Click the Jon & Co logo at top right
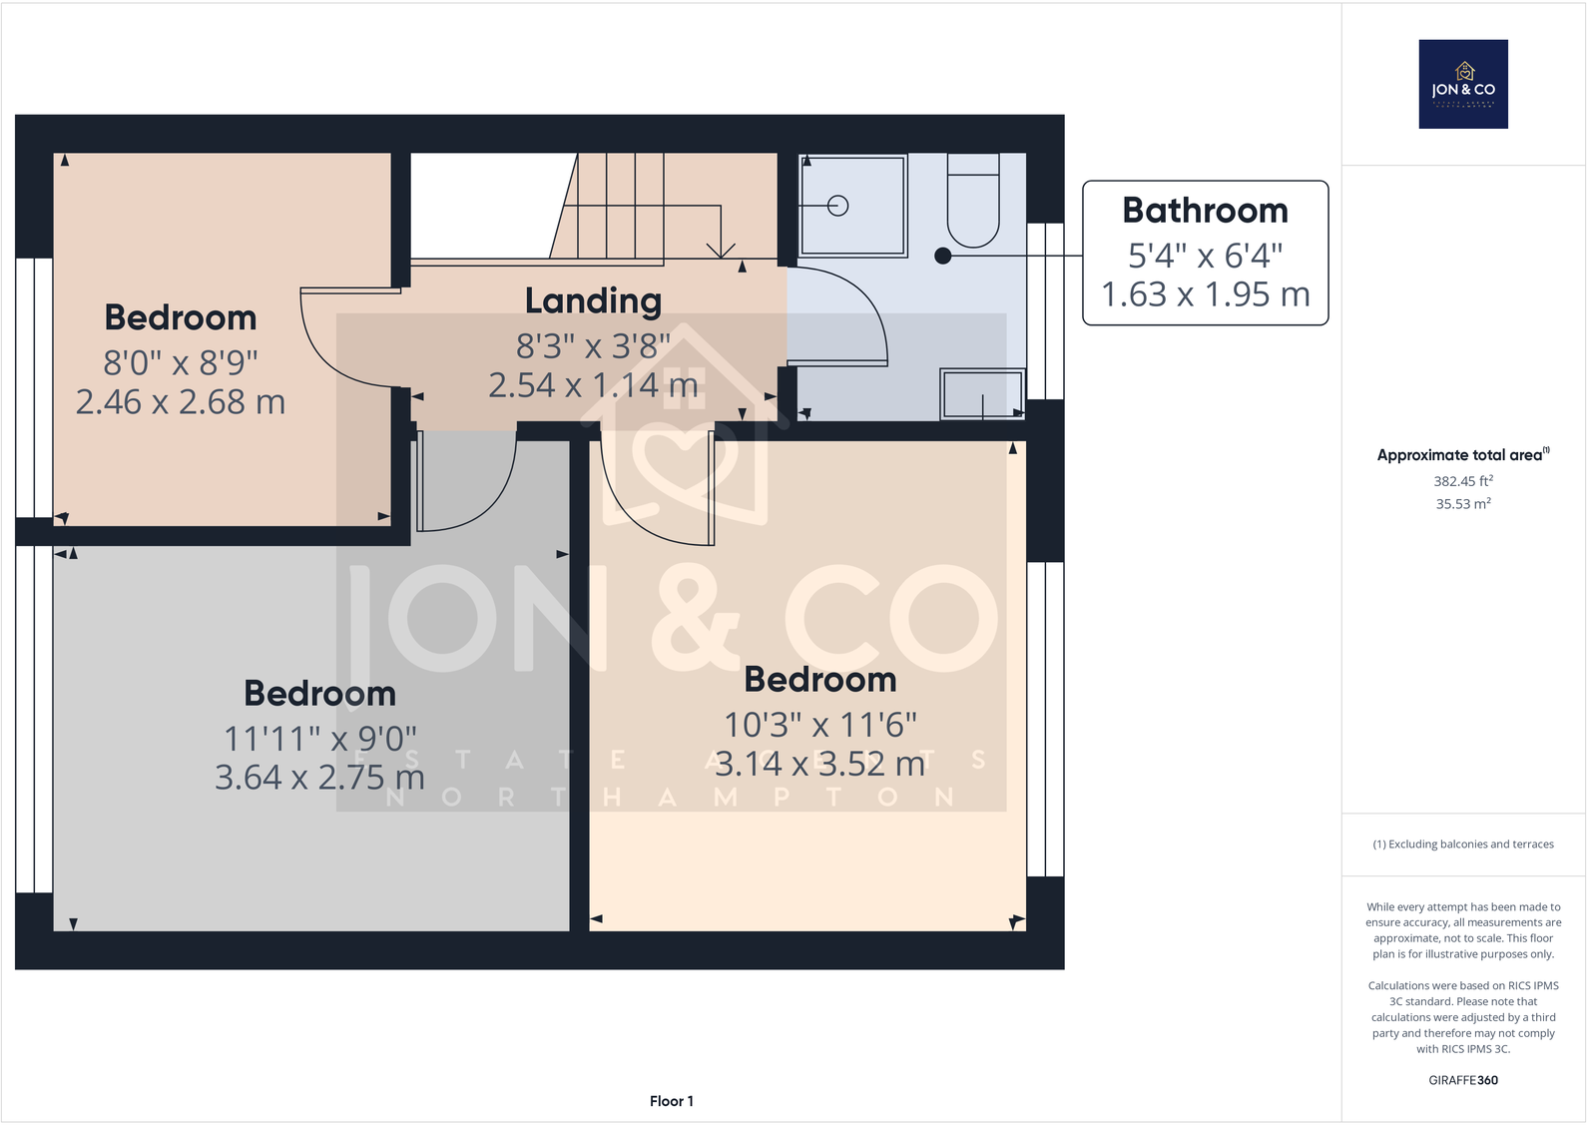1463,84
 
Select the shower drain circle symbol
838,206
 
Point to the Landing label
593,300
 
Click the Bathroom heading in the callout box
1205,211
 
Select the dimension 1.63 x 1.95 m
1205,294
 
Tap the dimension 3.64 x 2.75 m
319,777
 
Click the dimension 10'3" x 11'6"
819,725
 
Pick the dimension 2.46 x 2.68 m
181,401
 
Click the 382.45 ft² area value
1463,481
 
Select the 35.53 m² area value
1463,504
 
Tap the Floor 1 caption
671,1101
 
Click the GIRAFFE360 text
1463,1080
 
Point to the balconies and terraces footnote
1463,844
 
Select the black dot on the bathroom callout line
942,256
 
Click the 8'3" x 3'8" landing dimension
593,346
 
